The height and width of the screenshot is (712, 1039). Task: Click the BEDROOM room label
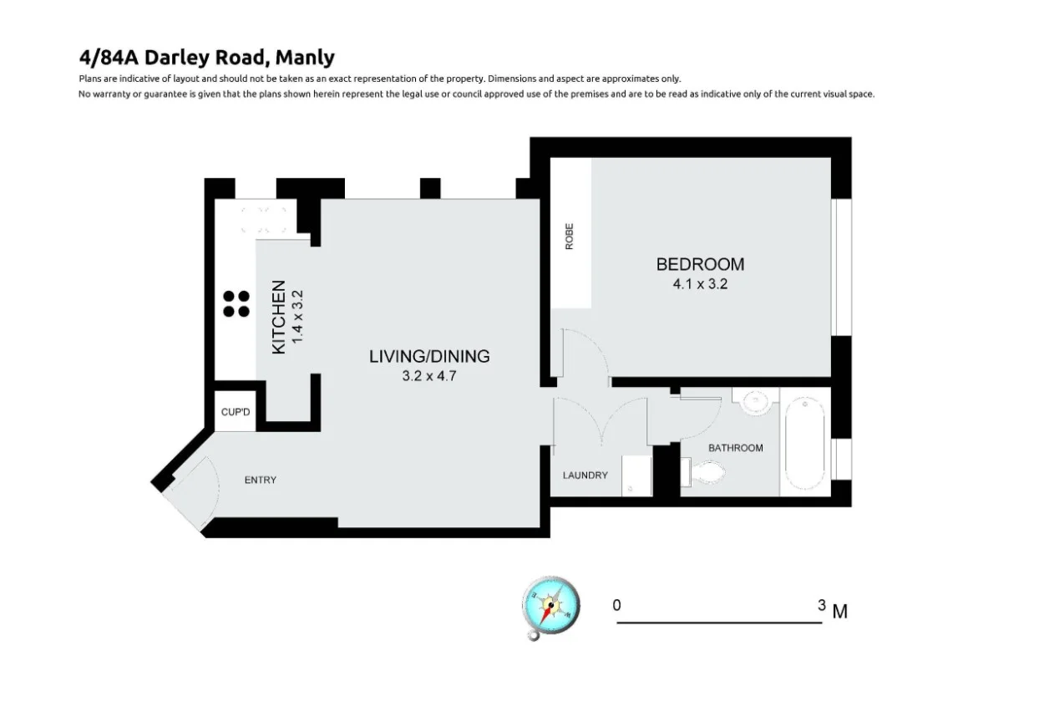point(700,264)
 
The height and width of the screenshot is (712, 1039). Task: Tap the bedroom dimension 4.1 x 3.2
point(700,284)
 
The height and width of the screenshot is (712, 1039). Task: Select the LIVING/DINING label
point(429,356)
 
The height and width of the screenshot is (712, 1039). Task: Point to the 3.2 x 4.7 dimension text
point(429,375)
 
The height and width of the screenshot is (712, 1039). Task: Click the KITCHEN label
point(280,317)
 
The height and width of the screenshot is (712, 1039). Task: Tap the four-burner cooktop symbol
point(236,303)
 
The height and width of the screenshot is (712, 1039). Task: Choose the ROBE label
point(570,236)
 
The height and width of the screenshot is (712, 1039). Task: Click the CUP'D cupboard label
point(236,413)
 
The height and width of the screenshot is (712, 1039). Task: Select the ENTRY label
point(260,480)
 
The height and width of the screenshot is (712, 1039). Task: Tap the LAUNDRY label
point(585,476)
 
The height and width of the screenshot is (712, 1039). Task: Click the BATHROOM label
point(735,448)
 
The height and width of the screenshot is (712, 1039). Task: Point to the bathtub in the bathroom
point(804,443)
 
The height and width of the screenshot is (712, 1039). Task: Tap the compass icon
point(550,604)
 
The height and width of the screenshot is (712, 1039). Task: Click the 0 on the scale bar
point(616,605)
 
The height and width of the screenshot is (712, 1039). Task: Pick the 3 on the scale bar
point(822,605)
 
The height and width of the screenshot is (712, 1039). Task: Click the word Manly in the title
point(304,58)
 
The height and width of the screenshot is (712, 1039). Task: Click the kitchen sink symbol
point(264,219)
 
